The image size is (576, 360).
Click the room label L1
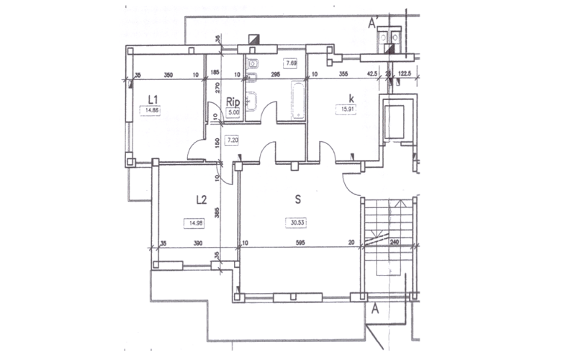[153, 99]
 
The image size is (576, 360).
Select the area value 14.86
[151, 111]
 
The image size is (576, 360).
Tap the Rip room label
[233, 102]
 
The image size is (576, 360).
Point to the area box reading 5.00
[233, 112]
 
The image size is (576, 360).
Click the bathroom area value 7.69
[292, 63]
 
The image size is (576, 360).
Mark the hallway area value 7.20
[233, 140]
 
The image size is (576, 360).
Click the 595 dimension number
[300, 243]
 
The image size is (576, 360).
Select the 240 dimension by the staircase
[395, 243]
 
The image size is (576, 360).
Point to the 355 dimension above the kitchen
[343, 73]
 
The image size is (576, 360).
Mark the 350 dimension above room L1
[168, 73]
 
